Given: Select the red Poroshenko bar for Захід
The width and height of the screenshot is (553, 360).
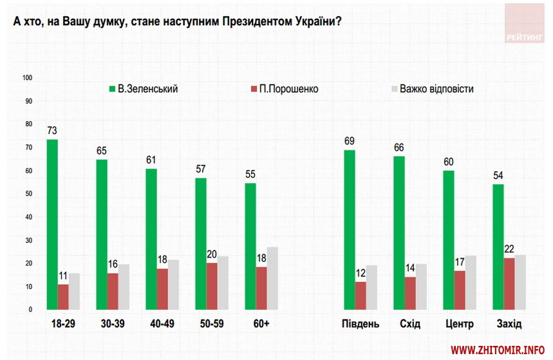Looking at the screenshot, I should pos(509,283).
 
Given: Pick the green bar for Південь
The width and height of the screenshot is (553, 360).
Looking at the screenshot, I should pos(350,229).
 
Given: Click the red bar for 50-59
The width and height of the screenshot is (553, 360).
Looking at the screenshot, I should pos(211,286).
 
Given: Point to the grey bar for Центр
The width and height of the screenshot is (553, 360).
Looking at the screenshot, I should pos(471,282).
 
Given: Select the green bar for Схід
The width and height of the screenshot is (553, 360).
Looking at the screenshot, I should pos(399,232).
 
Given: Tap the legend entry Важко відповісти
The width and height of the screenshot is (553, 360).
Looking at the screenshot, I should pos(436,89).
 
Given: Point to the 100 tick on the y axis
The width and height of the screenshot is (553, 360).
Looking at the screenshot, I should pos(28,78).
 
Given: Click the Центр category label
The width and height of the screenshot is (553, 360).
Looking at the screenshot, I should pos(459,323).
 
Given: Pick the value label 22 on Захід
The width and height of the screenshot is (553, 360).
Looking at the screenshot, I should pos(509,249).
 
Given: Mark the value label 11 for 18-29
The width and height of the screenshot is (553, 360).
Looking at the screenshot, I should pos(63,275).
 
